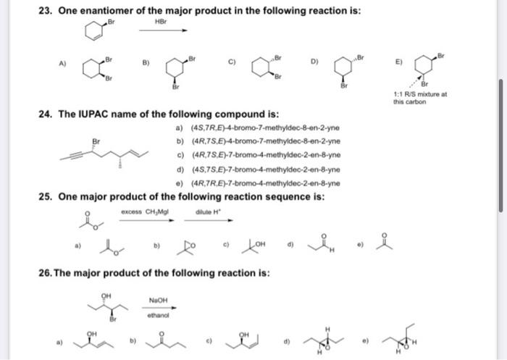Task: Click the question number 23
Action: coord(46,12)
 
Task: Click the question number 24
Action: coord(46,114)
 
